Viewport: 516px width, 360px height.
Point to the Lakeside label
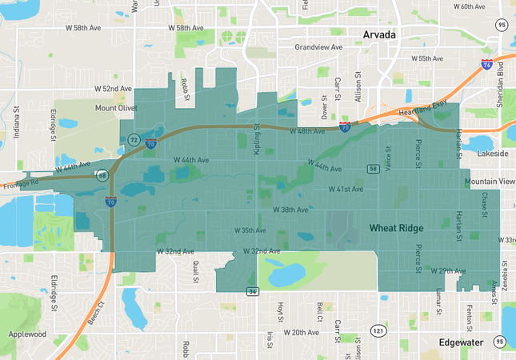491,153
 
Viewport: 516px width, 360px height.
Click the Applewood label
27,334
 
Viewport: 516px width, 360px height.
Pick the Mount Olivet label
117,108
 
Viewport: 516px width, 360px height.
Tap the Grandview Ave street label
318,47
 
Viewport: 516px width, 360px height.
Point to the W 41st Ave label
346,190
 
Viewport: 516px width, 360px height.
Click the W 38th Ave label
290,210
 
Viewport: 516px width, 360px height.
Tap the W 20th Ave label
300,332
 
